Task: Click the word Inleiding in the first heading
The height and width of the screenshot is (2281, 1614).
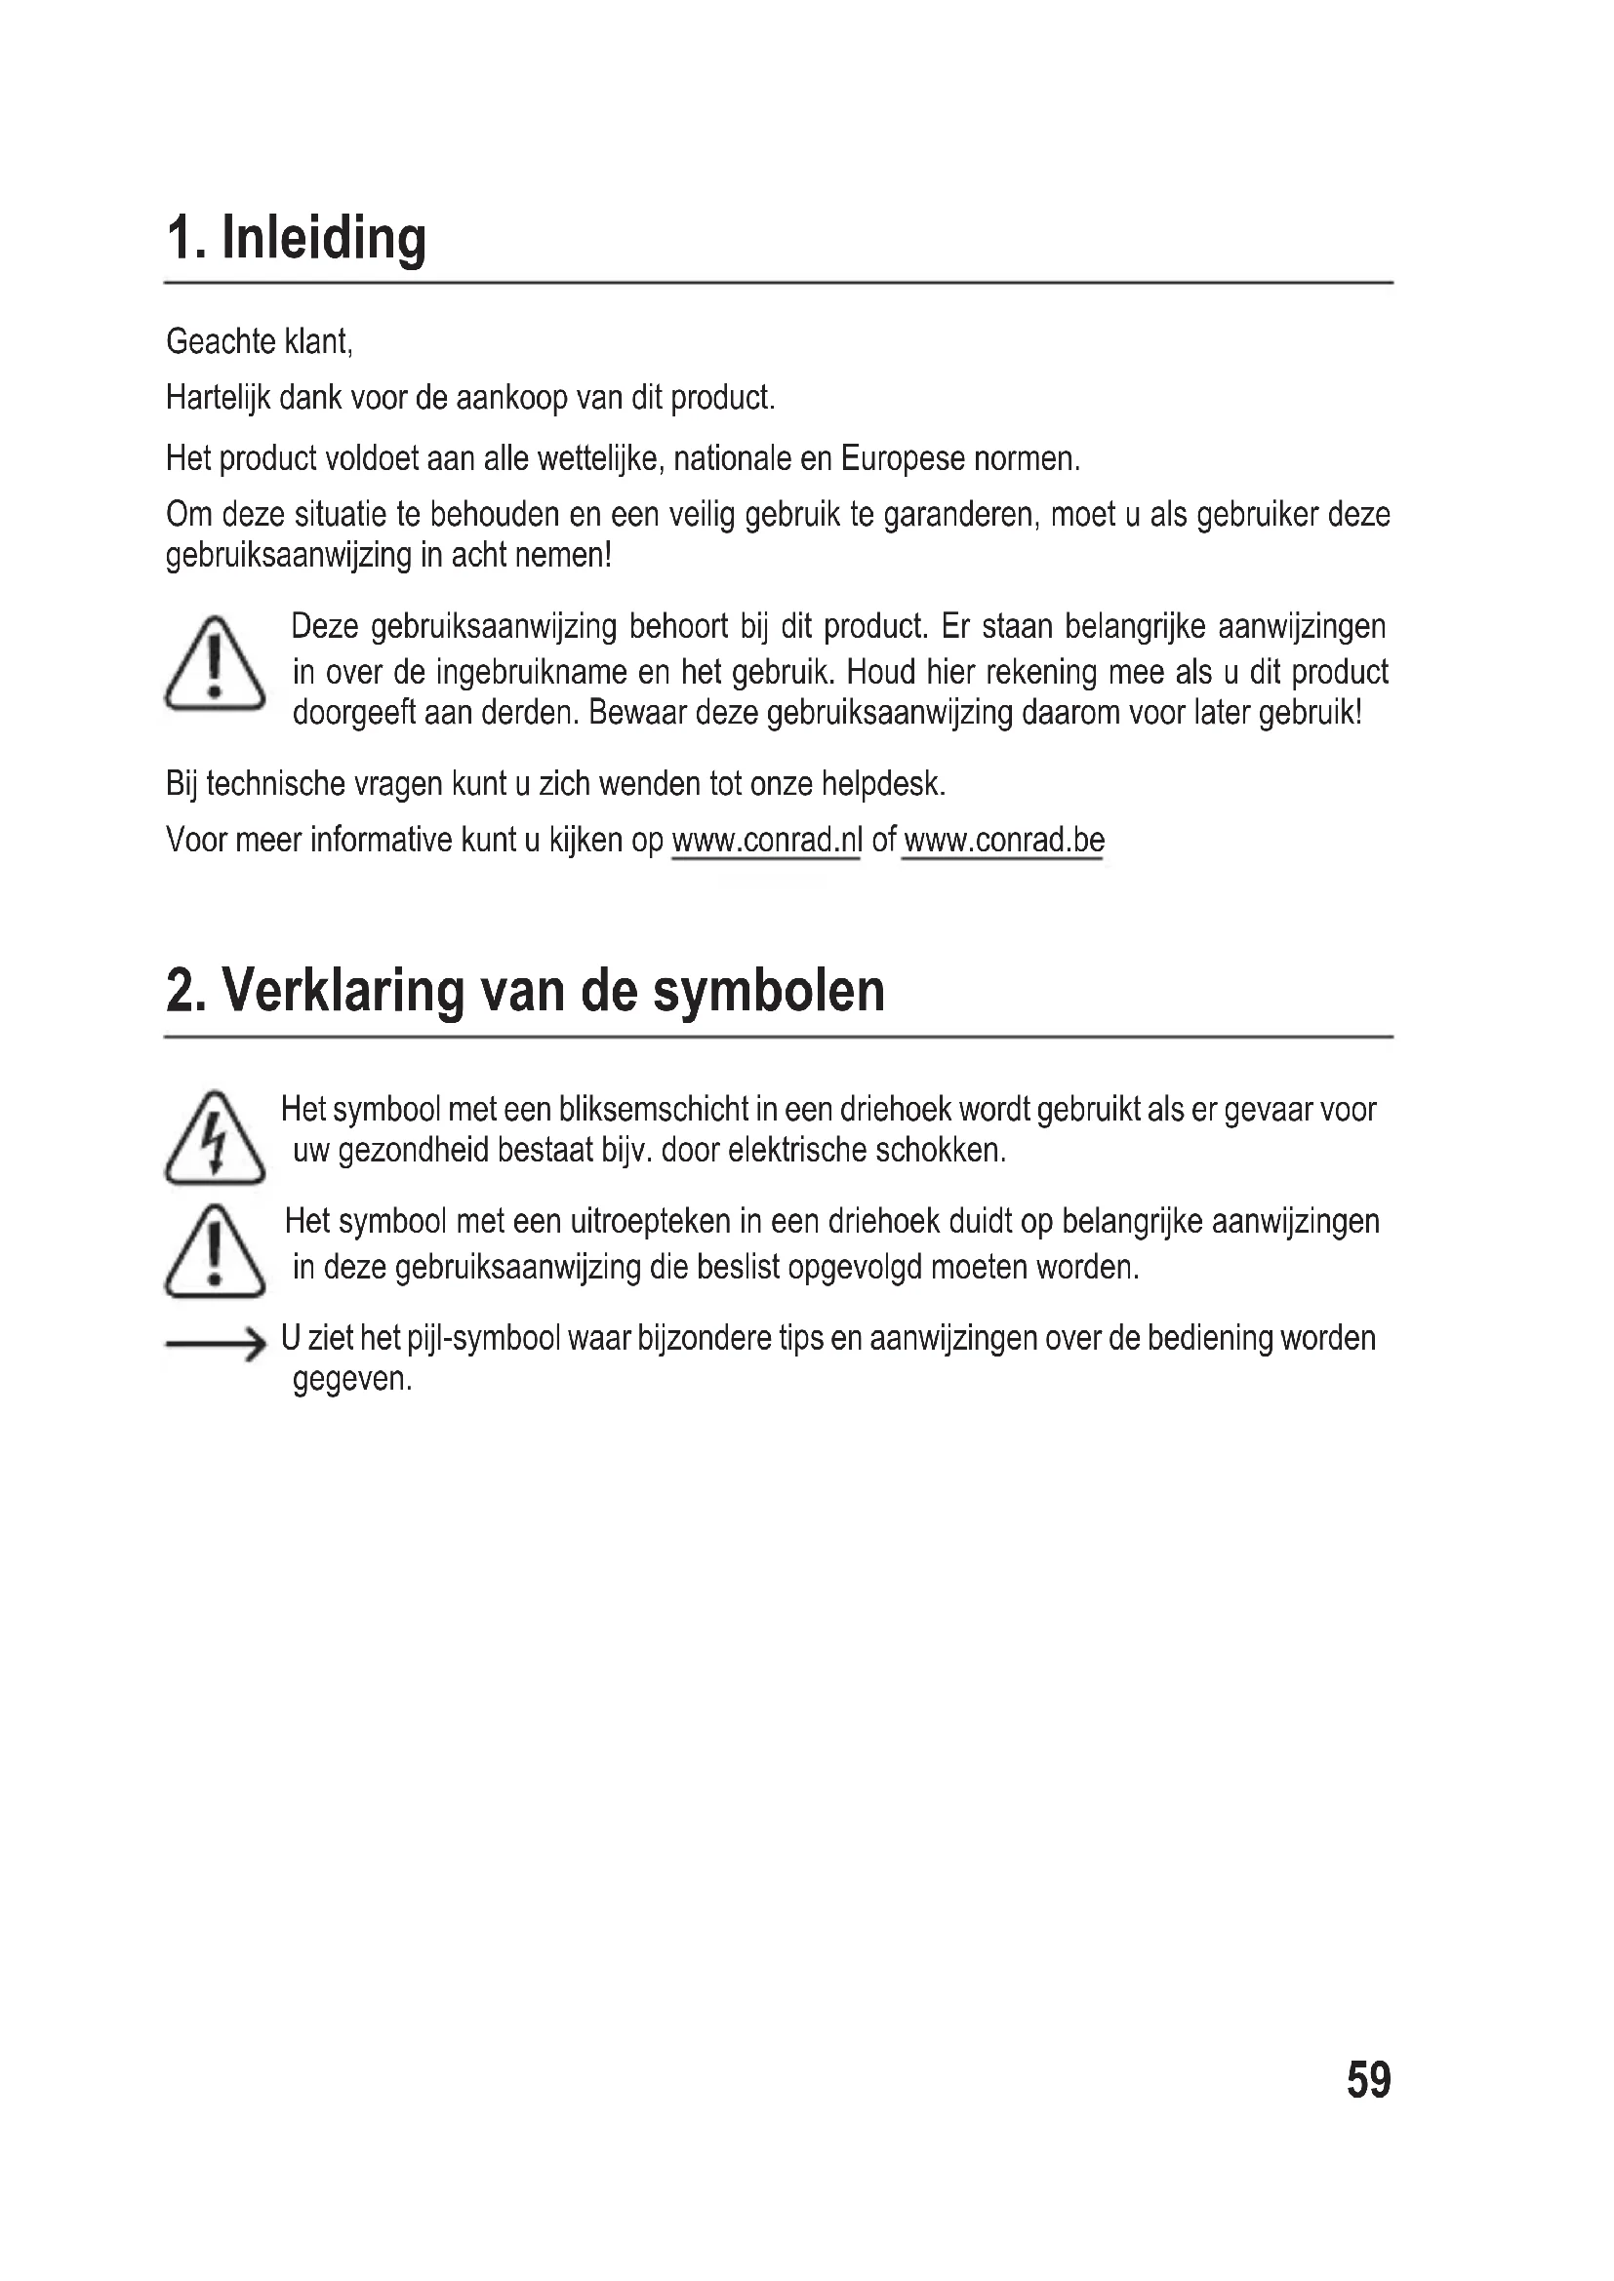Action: click(323, 240)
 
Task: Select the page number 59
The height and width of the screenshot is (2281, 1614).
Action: click(1368, 2079)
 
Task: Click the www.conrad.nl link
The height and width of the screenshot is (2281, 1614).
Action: click(766, 841)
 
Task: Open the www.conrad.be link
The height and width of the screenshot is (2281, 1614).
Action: click(1004, 841)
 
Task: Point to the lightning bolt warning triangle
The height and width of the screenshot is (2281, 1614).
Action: click(215, 1138)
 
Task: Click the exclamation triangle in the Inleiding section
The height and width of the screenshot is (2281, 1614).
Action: click(215, 664)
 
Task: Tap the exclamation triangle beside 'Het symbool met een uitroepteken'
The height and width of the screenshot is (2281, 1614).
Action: click(215, 1252)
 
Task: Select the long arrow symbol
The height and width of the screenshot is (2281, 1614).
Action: click(216, 1345)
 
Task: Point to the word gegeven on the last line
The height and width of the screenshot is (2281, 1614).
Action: click(351, 1380)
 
